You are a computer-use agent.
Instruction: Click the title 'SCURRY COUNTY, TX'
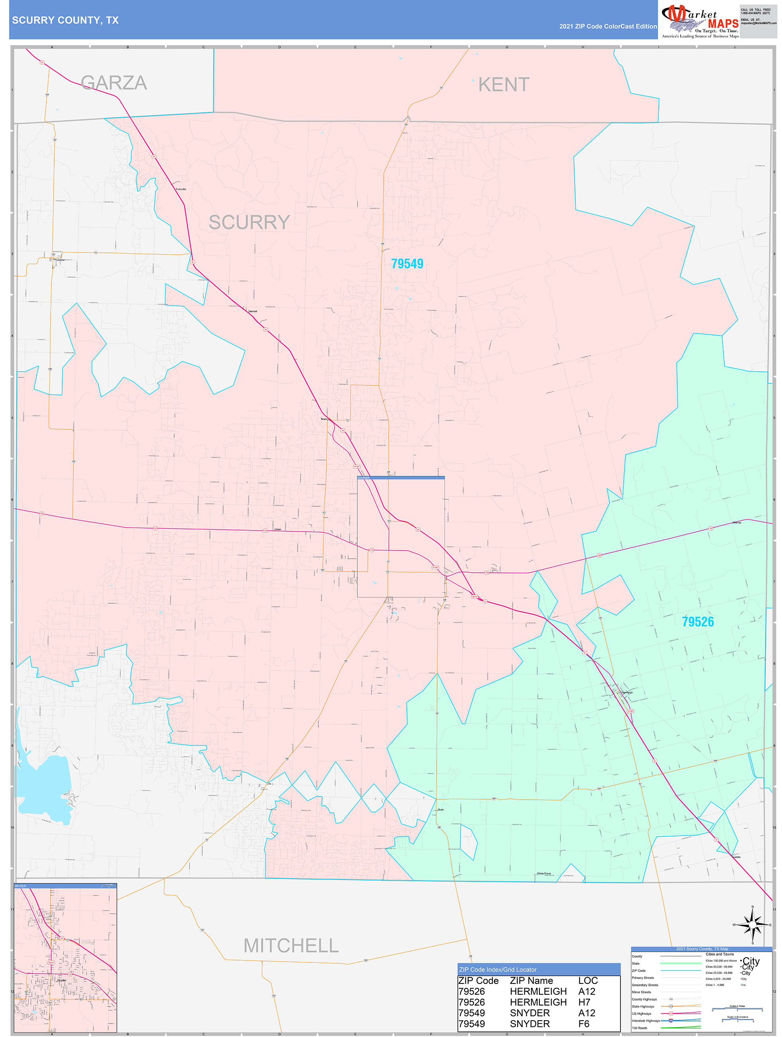[65, 20]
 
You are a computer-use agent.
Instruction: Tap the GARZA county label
[114, 83]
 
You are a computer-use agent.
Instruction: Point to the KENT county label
[504, 85]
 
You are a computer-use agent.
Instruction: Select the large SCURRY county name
[249, 222]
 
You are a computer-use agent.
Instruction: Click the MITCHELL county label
[291, 946]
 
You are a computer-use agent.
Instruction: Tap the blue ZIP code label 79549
[407, 264]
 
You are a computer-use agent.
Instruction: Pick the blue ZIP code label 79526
[697, 622]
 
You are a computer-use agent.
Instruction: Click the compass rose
[752, 925]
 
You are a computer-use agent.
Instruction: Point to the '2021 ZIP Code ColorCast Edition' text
[608, 27]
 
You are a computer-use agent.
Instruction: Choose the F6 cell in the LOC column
[584, 1024]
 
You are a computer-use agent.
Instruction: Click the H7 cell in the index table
[584, 1002]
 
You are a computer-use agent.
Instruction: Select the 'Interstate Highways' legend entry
[646, 1021]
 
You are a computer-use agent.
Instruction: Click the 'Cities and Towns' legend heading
[720, 954]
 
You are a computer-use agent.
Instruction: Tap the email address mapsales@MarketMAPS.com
[758, 23]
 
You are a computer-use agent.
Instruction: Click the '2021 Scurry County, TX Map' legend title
[702, 949]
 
